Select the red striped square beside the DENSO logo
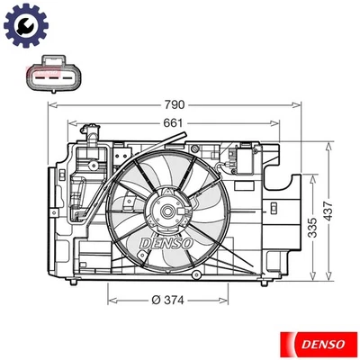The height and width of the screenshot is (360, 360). (290, 342)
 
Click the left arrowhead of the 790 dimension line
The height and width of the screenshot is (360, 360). (49, 107)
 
